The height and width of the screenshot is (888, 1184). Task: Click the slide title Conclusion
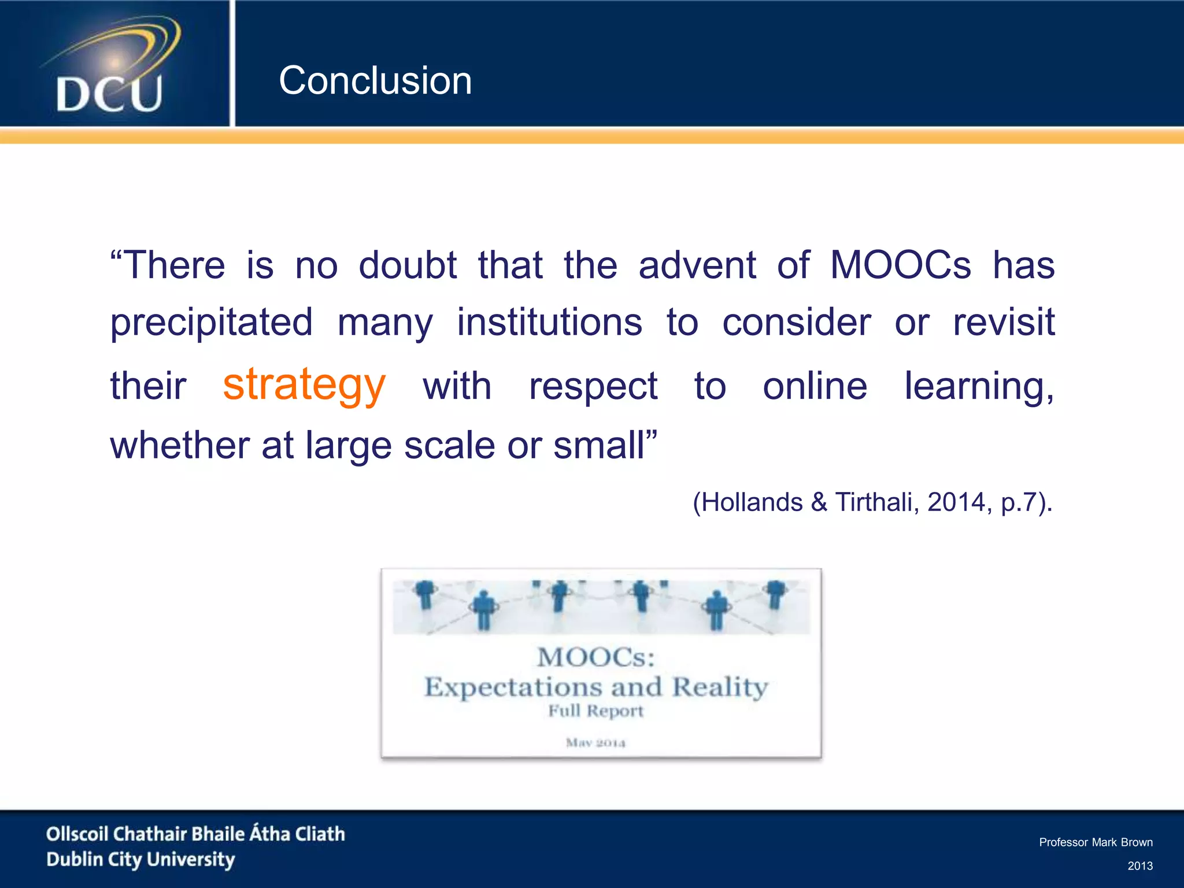tap(375, 80)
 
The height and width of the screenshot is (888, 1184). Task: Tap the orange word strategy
tap(304, 385)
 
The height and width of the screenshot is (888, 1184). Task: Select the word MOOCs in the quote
tap(900, 265)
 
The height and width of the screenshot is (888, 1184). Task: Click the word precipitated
tap(212, 323)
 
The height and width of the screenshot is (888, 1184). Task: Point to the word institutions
tap(549, 323)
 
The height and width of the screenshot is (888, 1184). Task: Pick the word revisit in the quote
tap(1004, 323)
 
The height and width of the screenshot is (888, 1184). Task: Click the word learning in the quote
tap(978, 386)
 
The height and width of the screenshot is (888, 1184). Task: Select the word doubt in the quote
tap(408, 265)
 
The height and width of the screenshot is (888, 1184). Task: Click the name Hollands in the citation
tap(752, 502)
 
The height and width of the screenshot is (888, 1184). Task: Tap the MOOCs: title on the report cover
tap(596, 657)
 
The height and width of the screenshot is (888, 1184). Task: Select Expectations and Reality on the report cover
tap(596, 687)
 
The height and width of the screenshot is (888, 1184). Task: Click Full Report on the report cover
tap(596, 711)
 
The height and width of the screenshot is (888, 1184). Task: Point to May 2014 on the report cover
tap(596, 742)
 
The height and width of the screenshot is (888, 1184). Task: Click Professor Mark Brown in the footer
tap(1096, 842)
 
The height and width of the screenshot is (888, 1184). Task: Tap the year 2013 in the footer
tap(1140, 865)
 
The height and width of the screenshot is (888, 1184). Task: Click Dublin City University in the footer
tap(140, 860)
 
